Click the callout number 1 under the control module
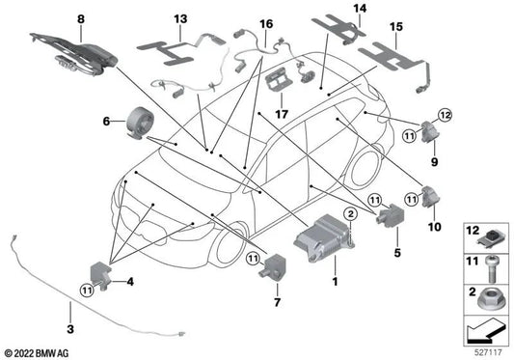click(x=334, y=281)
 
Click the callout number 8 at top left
click(x=81, y=17)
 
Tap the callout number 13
click(x=182, y=18)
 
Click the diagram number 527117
click(x=486, y=350)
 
